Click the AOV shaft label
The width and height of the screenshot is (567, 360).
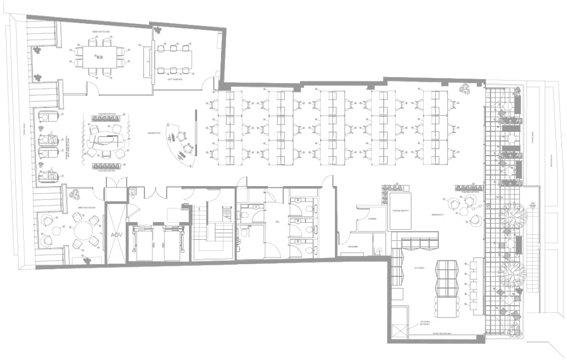click(116, 235)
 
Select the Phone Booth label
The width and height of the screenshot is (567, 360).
click(400, 210)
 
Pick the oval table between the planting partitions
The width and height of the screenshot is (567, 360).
click(105, 139)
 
